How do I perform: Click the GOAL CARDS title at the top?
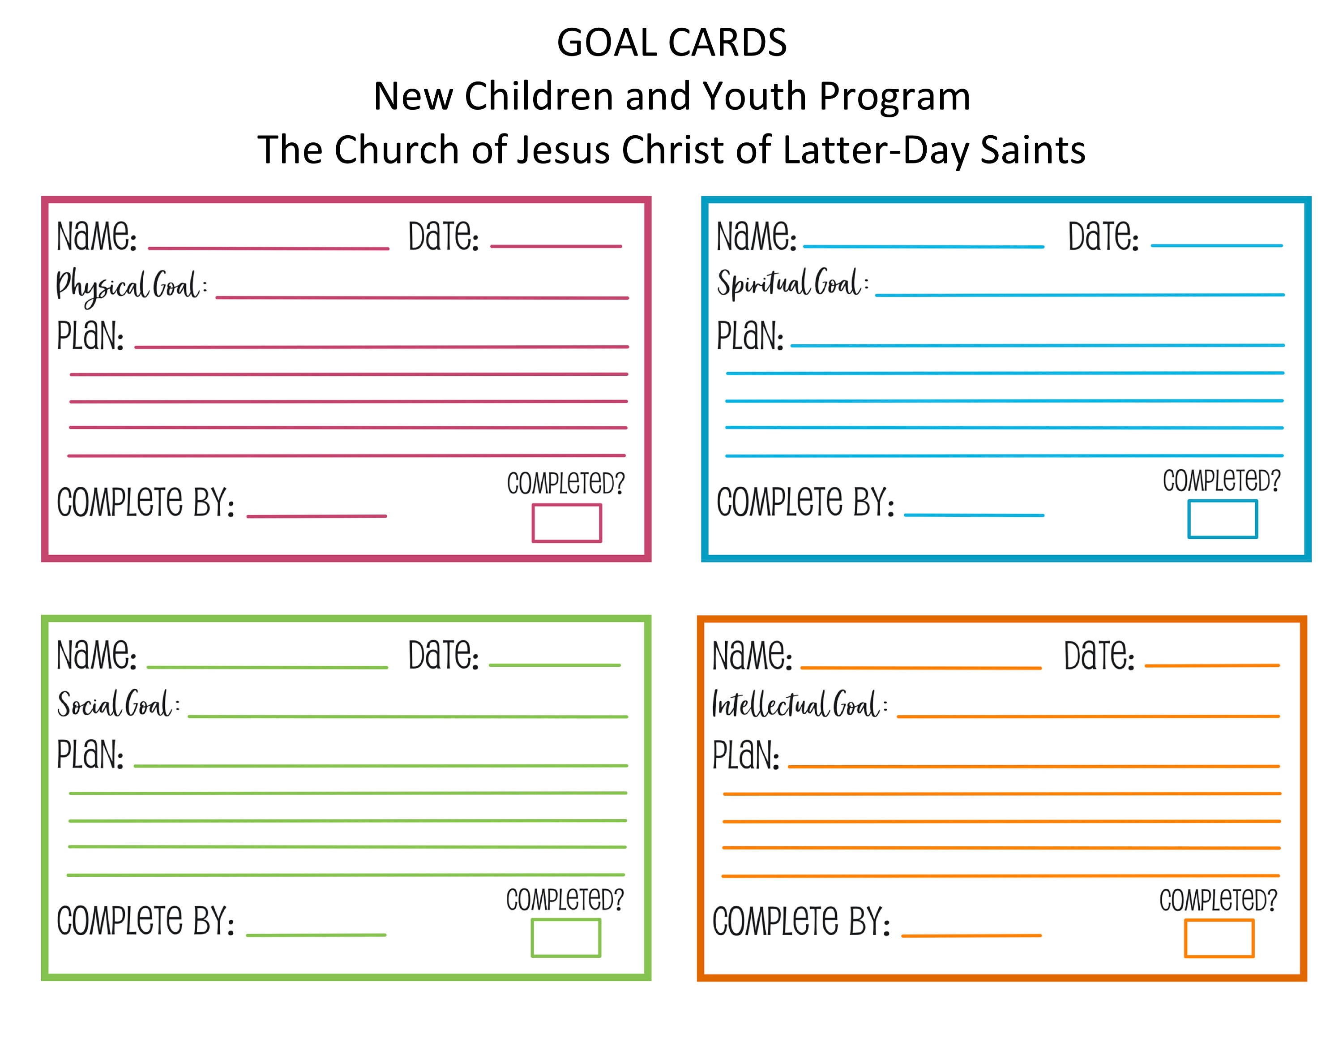tap(671, 43)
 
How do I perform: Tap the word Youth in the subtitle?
tap(754, 97)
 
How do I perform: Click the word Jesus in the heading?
tap(563, 150)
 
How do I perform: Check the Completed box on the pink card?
tap(566, 523)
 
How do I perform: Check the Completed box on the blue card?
tap(1223, 519)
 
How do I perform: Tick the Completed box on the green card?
tap(566, 938)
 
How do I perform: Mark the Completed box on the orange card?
tap(1219, 939)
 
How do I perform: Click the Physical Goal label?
tap(130, 287)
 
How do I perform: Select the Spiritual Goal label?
tap(792, 284)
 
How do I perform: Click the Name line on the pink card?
tap(269, 248)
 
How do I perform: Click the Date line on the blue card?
tap(1216, 245)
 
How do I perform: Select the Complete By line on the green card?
tap(316, 935)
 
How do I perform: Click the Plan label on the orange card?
tap(745, 755)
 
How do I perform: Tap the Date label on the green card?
tap(443, 656)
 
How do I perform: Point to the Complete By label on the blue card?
tap(805, 502)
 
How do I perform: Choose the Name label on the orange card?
tap(752, 656)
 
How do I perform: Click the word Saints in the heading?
tap(1032, 150)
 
